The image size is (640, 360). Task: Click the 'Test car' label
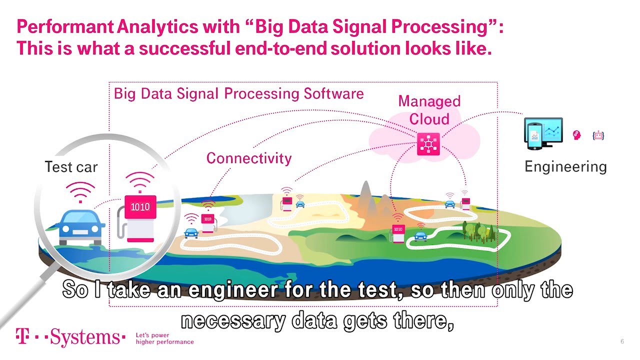point(71,167)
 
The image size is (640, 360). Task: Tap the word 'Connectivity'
point(249,158)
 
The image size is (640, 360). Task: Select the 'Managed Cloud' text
point(429,110)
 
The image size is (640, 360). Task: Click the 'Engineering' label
point(565,167)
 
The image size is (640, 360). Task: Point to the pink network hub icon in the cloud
point(428,144)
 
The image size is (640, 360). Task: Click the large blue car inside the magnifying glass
point(81,227)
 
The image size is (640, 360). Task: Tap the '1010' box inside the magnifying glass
point(140,207)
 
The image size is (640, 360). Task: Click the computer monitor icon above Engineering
point(543,133)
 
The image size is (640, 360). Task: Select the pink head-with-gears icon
point(577,135)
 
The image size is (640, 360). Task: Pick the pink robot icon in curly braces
point(598,135)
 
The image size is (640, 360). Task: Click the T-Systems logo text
point(70,337)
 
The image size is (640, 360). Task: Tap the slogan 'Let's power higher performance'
point(165,338)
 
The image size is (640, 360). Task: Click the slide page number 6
point(622,341)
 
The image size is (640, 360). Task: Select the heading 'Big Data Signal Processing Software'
point(239,93)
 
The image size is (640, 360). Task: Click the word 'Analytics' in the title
point(157,27)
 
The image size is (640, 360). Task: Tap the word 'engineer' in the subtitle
point(233,290)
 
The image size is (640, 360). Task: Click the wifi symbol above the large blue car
point(80,192)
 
